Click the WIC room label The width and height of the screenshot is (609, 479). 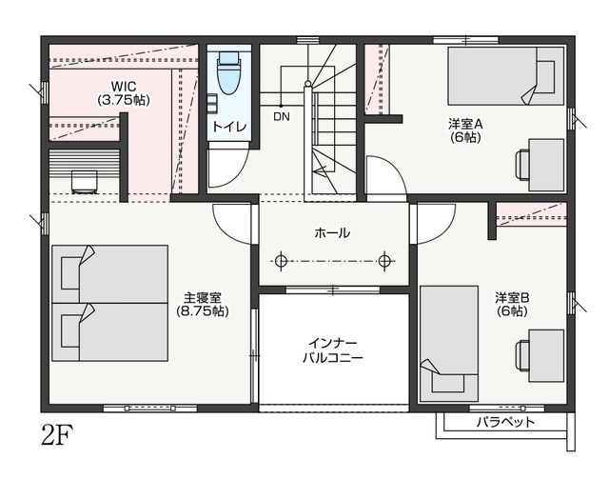[124, 85]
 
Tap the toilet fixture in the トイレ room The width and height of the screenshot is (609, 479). [228, 73]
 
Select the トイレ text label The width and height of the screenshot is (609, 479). [229, 127]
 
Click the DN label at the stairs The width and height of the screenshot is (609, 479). [282, 116]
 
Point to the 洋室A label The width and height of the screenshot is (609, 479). [465, 125]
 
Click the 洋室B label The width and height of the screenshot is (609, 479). [512, 298]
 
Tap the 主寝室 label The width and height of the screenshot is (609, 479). [203, 298]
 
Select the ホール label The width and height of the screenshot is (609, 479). [332, 233]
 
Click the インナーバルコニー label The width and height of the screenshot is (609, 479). [333, 350]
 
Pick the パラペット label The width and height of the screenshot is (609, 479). [505, 422]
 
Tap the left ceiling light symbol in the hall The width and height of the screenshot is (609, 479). [281, 261]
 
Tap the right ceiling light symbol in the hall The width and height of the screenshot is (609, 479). [384, 261]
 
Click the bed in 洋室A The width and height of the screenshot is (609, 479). [505, 76]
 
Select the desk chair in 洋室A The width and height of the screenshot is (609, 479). [521, 165]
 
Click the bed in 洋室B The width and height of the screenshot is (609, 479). [449, 344]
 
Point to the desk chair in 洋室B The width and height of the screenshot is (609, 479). [521, 356]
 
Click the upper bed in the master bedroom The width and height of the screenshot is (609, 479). [110, 274]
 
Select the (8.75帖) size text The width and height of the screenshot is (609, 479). [203, 311]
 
